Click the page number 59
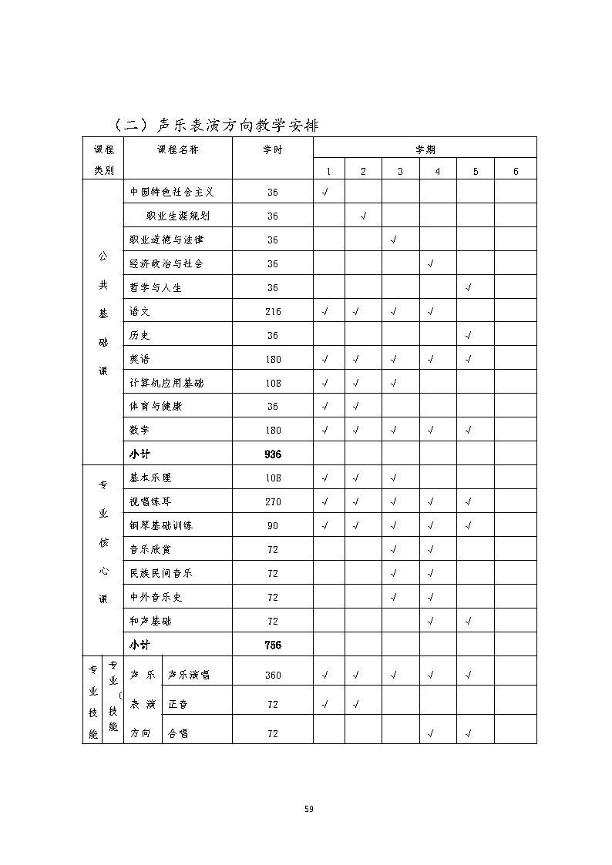[308, 809]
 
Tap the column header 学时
[273, 149]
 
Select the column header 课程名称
[178, 149]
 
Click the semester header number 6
[516, 171]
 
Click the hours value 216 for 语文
[273, 311]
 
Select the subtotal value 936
[273, 454]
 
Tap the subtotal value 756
[273, 645]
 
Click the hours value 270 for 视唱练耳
[273, 501]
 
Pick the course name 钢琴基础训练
[161, 525]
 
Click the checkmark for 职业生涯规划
[363, 216]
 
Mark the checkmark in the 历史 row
[469, 335]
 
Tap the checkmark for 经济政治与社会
[431, 263]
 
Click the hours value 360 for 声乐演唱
[273, 675]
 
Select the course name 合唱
[178, 733]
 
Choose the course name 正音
[178, 704]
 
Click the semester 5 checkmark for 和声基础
[469, 621]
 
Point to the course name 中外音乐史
[156, 597]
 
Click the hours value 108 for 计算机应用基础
[273, 383]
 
